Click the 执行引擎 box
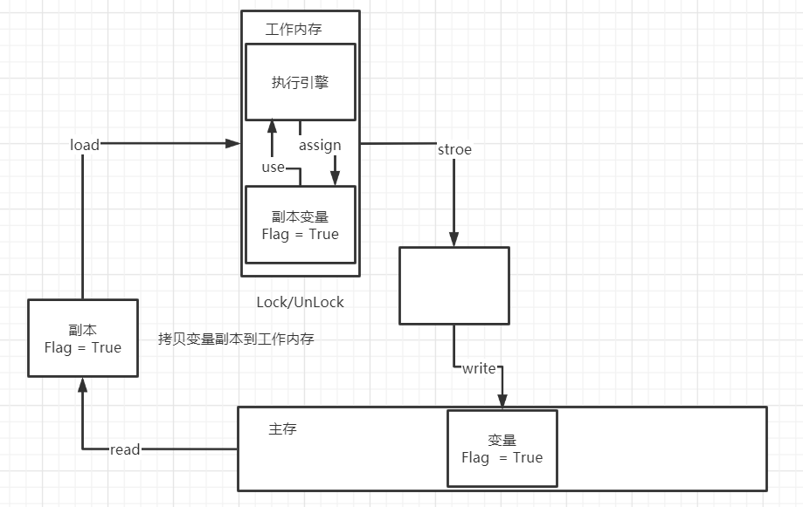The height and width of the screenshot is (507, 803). [x=300, y=82]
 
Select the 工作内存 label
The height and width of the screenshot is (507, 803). [x=294, y=30]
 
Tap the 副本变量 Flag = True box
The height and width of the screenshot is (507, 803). [x=300, y=224]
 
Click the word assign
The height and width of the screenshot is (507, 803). [x=320, y=145]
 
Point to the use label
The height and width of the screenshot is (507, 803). [x=273, y=167]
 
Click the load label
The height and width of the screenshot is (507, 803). [x=85, y=145]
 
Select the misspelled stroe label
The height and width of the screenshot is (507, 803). [x=454, y=149]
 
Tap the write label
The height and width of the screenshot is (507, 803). [x=479, y=368]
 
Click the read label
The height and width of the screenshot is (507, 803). [x=125, y=449]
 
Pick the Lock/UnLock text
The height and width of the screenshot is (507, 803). [x=300, y=302]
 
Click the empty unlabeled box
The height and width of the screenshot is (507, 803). [x=453, y=285]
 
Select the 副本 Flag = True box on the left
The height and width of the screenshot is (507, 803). [x=82, y=338]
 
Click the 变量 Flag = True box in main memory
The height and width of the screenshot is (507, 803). [x=502, y=448]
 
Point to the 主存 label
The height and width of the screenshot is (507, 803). [x=282, y=429]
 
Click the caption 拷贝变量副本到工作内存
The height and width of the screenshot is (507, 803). [x=236, y=339]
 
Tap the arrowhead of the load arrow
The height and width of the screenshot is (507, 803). [x=234, y=143]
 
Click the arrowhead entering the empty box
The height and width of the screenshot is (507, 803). [x=453, y=240]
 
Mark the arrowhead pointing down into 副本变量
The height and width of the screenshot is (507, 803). [x=335, y=180]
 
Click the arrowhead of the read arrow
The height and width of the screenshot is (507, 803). [x=82, y=384]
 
